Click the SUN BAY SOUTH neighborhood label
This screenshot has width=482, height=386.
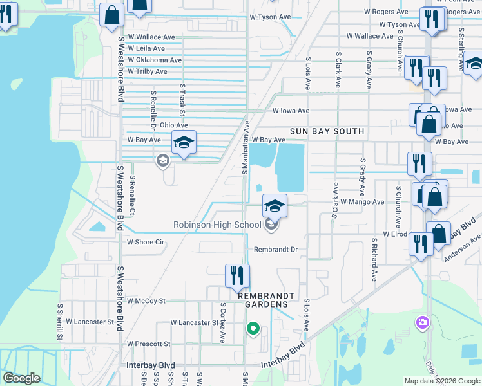327,131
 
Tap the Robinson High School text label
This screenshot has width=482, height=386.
217,225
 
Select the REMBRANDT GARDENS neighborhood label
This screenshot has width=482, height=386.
266,300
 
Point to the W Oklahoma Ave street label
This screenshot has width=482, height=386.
155,60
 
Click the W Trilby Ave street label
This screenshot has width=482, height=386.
148,71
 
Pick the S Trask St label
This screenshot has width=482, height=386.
183,100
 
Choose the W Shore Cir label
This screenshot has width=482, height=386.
146,243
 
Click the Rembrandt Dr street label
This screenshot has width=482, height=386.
276,249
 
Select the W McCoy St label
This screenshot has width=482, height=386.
146,300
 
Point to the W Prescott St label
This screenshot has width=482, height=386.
149,344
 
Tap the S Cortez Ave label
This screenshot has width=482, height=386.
223,322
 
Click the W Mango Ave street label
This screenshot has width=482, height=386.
362,201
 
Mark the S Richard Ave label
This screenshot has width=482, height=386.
374,261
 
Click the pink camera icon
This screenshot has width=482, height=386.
423,322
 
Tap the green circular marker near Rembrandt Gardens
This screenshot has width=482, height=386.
253,329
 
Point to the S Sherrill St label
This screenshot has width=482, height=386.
59,322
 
